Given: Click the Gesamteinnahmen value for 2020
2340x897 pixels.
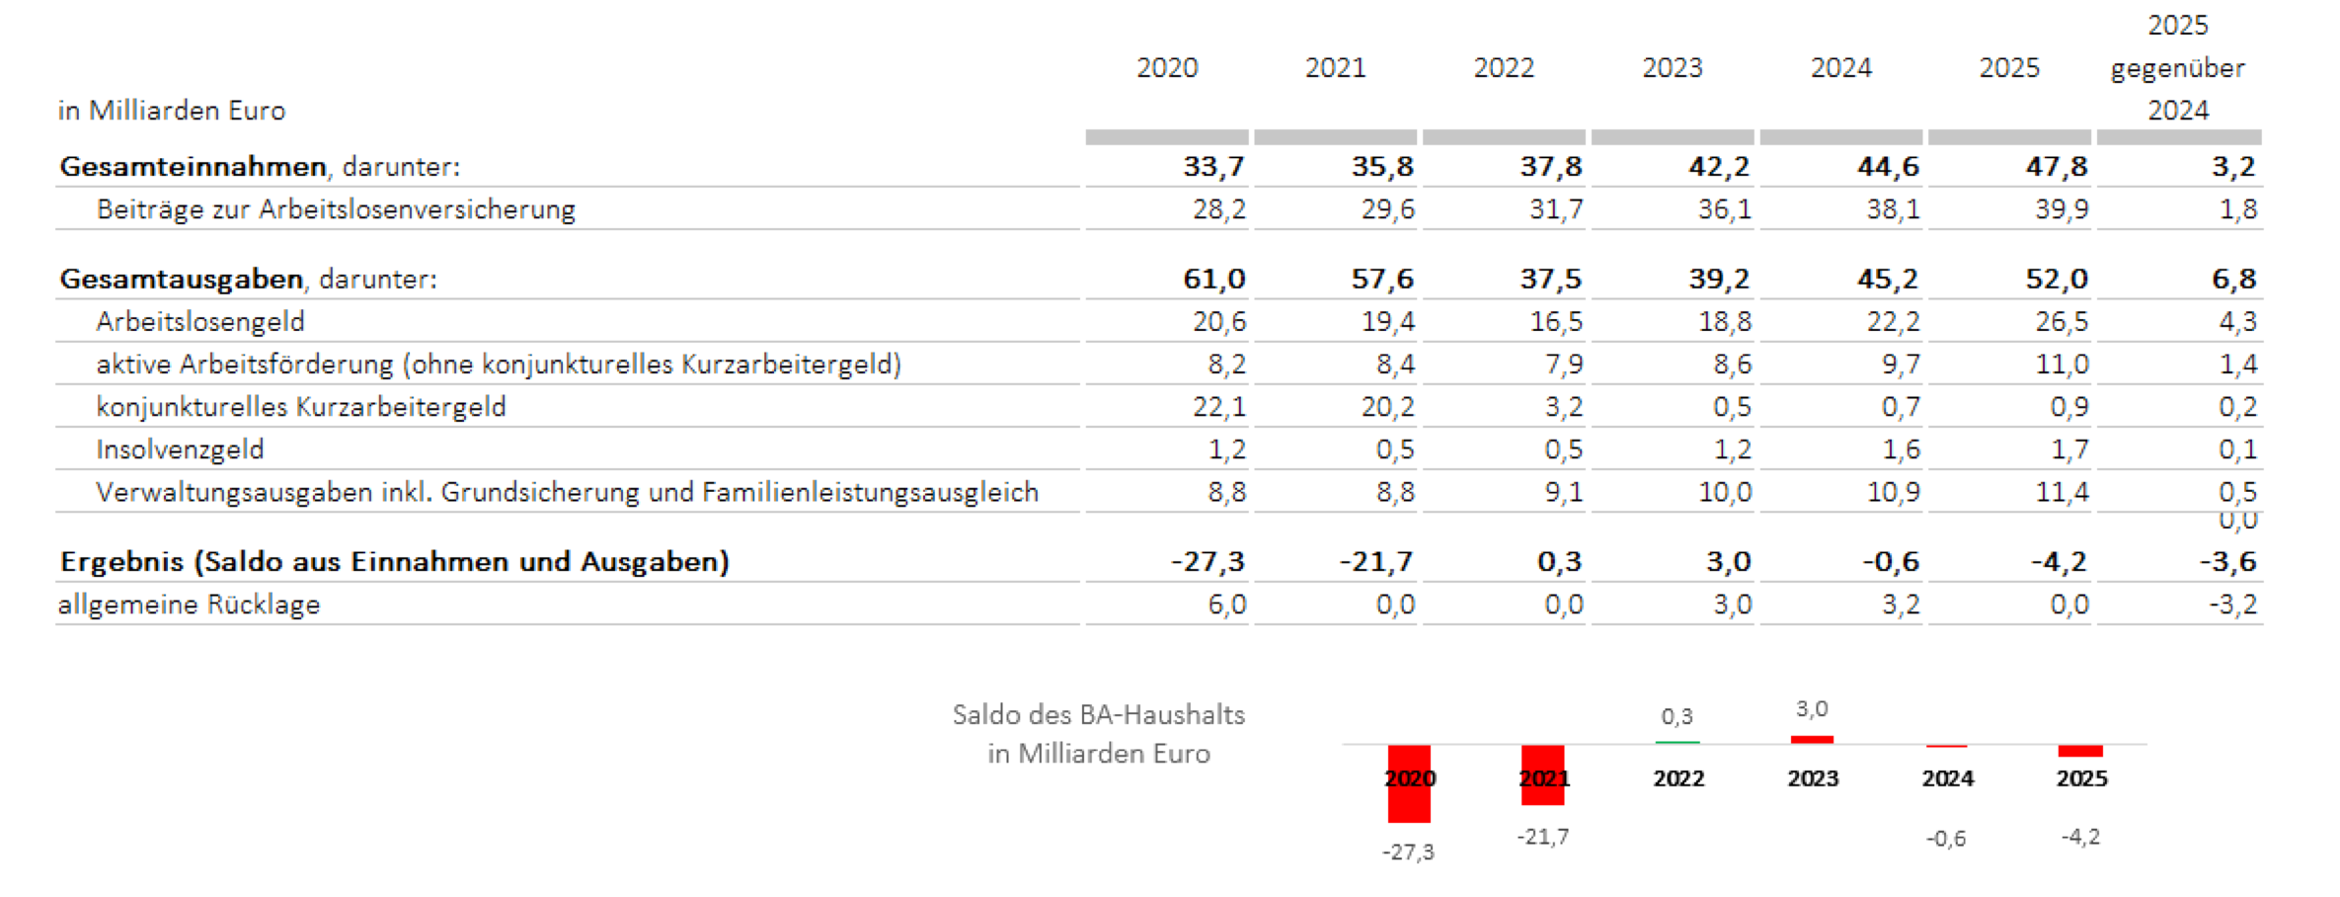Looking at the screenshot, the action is click(x=1213, y=166).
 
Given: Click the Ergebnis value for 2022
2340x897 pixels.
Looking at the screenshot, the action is click(x=1559, y=561).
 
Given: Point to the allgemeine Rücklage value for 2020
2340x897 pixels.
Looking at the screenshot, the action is click(x=1226, y=604).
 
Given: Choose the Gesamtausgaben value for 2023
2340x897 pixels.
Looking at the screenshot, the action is click(x=1719, y=279).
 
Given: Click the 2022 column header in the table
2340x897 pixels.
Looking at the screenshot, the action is click(x=1504, y=67).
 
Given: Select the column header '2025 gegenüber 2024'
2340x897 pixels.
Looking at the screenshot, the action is click(x=2177, y=67).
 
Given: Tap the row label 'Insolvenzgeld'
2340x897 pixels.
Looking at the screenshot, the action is click(x=180, y=449).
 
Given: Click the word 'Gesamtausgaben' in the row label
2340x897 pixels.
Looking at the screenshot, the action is click(x=181, y=279).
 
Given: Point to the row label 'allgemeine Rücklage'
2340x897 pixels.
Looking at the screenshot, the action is click(x=189, y=605).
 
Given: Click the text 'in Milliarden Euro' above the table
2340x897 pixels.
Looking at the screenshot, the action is click(x=171, y=110).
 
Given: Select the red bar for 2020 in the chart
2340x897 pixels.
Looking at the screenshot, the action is click(x=1409, y=783).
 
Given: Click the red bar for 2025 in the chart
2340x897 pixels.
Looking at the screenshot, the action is click(x=2080, y=751).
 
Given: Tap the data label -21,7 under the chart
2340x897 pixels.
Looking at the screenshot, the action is click(x=1542, y=837).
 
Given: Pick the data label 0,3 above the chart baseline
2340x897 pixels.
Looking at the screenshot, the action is click(x=1677, y=716).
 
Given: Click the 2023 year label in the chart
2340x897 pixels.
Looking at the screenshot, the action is click(x=1813, y=778).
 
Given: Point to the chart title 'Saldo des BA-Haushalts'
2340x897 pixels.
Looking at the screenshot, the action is click(x=1099, y=714).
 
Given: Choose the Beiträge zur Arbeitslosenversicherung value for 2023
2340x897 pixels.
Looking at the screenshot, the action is click(x=1724, y=208).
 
